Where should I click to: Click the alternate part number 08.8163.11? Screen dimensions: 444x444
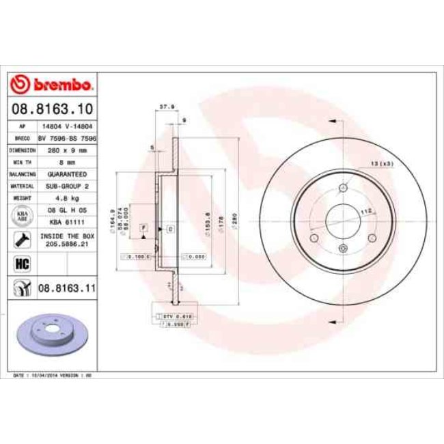(66, 289)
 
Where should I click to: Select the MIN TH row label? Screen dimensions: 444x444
(23, 162)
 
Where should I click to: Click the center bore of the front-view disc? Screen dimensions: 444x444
(344, 219)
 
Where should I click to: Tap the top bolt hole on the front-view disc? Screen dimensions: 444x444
(344, 188)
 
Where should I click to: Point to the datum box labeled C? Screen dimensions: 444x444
(169, 227)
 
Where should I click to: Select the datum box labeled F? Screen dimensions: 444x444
(143, 227)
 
